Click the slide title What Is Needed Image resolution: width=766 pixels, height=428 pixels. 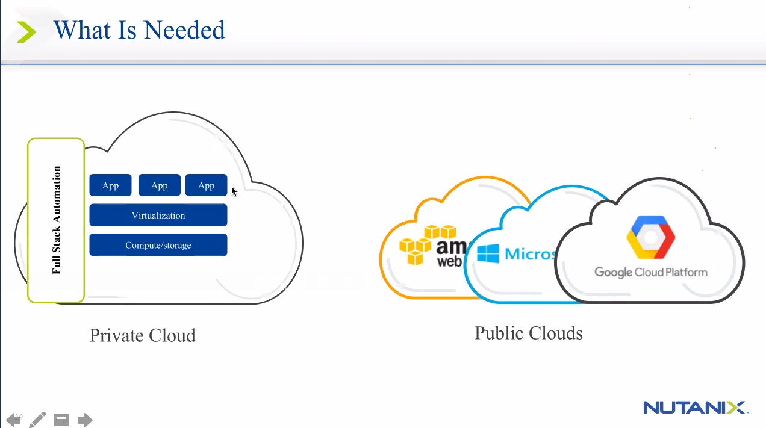139,30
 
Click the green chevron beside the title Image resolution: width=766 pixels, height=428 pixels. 26,31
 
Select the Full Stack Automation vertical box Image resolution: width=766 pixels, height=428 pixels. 56,220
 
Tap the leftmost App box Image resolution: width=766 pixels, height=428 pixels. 110,185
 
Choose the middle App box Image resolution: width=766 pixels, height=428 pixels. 159,185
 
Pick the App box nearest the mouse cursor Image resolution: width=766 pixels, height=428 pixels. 206,185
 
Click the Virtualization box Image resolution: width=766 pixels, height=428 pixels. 158,216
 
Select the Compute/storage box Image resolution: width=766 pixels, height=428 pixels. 158,245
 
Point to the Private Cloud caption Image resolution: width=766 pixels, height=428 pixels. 143,335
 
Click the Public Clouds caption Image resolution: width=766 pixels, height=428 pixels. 529,333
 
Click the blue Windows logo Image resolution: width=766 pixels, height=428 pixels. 488,253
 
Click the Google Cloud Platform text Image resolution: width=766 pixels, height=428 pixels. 651,272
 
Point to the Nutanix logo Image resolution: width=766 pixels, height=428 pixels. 695,408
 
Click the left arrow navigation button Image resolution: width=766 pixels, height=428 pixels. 13,420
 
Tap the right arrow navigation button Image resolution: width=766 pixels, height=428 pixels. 85,420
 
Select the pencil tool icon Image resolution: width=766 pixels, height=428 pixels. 37,419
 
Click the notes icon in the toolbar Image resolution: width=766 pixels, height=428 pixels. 61,420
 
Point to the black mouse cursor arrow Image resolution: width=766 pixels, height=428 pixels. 234,191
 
